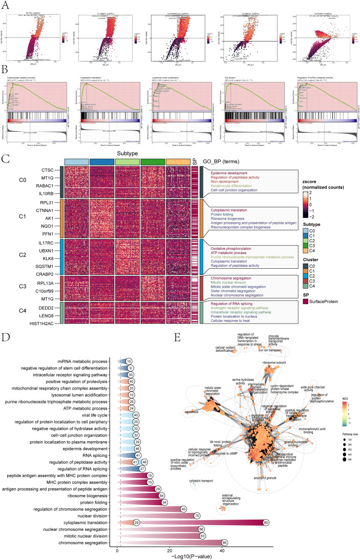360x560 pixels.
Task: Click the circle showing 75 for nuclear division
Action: pos(211,493)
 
